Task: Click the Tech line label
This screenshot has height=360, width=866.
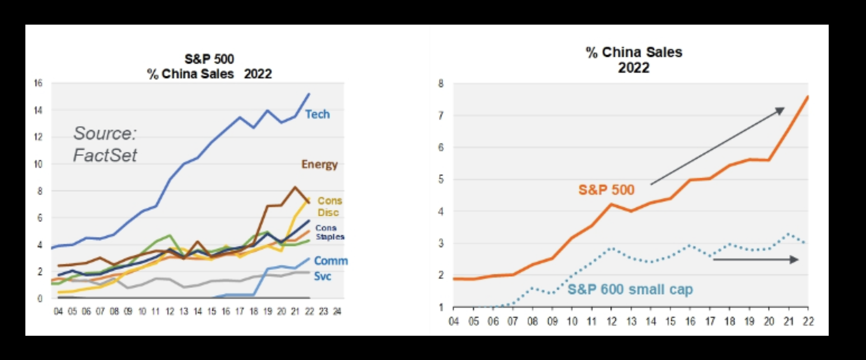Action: (x=317, y=114)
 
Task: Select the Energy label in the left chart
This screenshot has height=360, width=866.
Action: (x=319, y=165)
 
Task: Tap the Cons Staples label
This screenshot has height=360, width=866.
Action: (x=330, y=232)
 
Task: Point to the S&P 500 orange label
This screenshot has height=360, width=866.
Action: (x=606, y=190)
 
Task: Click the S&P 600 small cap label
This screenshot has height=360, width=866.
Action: (x=630, y=289)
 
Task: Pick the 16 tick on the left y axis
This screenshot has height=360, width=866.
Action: (x=38, y=83)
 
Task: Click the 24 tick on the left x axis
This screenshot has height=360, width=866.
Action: (x=337, y=312)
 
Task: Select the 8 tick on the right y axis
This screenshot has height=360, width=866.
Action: (x=441, y=84)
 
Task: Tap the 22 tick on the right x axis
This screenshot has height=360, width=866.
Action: (x=808, y=321)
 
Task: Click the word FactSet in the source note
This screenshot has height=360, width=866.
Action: (x=105, y=155)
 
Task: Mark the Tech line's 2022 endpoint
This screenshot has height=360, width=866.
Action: (x=309, y=94)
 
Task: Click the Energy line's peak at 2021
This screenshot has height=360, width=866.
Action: (x=295, y=187)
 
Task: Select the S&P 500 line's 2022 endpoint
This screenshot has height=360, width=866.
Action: (x=808, y=97)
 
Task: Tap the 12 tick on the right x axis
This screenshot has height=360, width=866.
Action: (x=611, y=321)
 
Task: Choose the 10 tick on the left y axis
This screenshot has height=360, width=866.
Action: (x=38, y=164)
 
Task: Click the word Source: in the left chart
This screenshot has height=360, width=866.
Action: (x=105, y=134)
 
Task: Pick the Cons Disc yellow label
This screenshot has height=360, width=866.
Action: (x=329, y=207)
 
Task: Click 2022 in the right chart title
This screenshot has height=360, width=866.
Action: (x=634, y=68)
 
